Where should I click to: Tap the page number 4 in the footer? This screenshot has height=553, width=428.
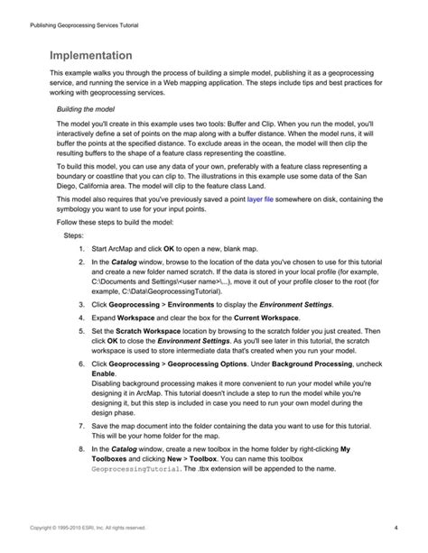click(x=396, y=527)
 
